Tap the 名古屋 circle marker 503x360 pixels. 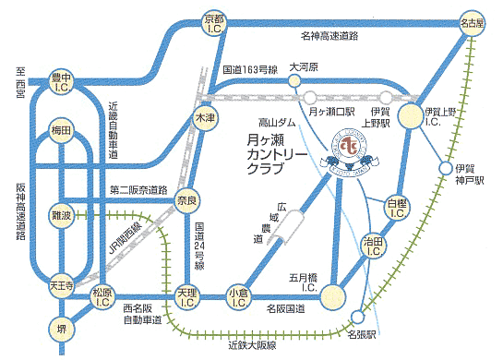pyautogui.click(x=472, y=21)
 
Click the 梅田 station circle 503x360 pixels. pyautogui.click(x=62, y=133)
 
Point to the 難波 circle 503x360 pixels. pyautogui.click(x=62, y=213)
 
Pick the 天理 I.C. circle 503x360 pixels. pyautogui.click(x=188, y=296)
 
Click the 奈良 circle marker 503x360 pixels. pyautogui.click(x=188, y=203)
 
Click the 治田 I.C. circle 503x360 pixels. pyautogui.click(x=374, y=246)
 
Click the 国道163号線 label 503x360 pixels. pyautogui.click(x=248, y=69)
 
